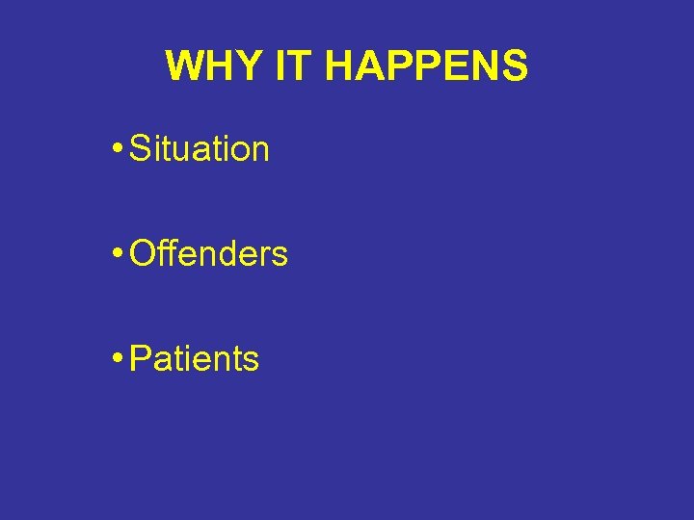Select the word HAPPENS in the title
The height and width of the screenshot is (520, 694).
(x=426, y=66)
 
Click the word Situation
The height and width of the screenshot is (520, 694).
(x=200, y=149)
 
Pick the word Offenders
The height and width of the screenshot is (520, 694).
(x=208, y=254)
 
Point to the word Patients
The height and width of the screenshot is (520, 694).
(x=194, y=359)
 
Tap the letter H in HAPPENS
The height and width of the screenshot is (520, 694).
(x=339, y=66)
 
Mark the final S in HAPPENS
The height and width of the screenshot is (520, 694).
(x=515, y=66)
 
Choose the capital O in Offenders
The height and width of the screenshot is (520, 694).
(x=142, y=254)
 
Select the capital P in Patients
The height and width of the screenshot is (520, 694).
(x=140, y=359)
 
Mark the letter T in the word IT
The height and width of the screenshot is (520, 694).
(x=300, y=66)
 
